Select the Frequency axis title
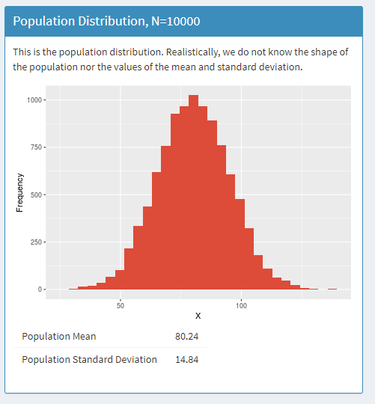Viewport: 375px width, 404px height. point(20,195)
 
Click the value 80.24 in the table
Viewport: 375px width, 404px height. point(186,337)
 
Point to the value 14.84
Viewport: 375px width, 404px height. point(186,359)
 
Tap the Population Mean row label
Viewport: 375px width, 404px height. point(59,337)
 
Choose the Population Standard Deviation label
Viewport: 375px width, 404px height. point(90,359)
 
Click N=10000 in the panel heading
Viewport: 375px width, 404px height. point(173,21)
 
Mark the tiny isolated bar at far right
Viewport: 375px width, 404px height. point(332,289)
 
